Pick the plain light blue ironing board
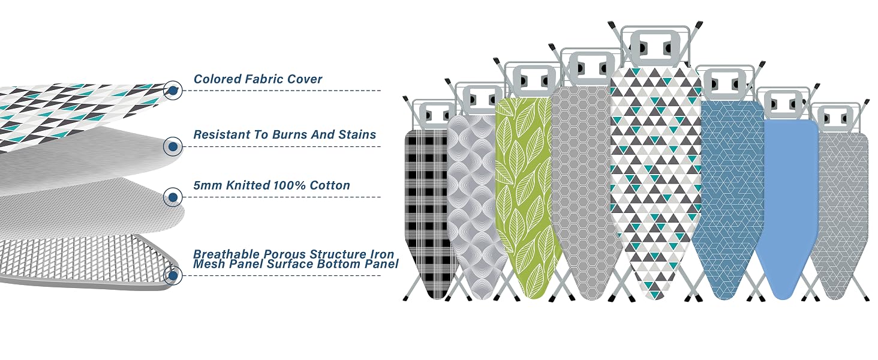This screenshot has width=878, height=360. [x=786, y=208]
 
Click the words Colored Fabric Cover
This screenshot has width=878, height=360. [x=257, y=79]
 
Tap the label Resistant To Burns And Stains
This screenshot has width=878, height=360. [x=284, y=134]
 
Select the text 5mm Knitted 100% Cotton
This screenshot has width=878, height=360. [x=272, y=185]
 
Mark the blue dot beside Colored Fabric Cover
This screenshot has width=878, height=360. [x=173, y=91]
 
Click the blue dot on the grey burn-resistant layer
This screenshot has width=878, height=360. [x=173, y=146]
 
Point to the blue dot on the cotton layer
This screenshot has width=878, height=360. [x=173, y=197]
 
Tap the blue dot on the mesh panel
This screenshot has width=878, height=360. [x=173, y=275]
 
